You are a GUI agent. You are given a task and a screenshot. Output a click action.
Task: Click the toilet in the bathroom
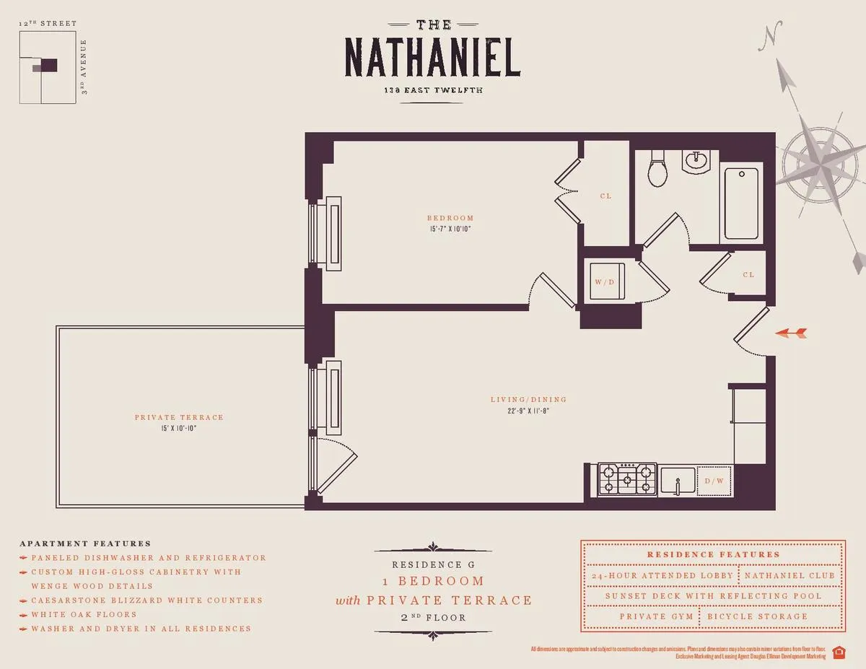tap(657, 170)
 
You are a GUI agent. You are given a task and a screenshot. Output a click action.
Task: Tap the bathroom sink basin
tap(697, 162)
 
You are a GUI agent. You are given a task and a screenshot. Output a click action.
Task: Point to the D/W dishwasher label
tap(714, 481)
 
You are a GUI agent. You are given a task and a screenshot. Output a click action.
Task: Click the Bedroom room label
tap(450, 218)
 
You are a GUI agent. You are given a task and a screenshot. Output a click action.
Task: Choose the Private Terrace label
tap(179, 417)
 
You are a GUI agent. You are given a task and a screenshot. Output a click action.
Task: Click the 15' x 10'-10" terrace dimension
tap(179, 429)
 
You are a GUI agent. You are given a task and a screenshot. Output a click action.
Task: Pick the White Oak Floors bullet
tap(83, 614)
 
